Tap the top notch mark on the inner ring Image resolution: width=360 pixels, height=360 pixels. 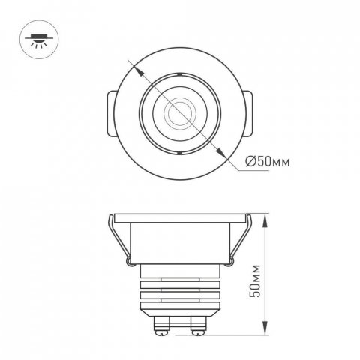coord(180,73)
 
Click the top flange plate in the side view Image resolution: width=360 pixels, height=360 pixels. coord(180,220)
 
